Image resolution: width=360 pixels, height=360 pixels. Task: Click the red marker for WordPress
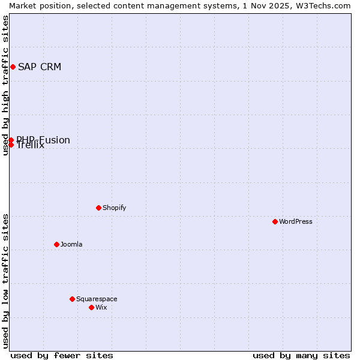275,221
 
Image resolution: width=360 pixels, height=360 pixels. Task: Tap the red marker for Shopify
98,208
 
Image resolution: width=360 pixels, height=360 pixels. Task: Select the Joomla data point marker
56,244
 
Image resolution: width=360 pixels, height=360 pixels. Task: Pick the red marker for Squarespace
72,299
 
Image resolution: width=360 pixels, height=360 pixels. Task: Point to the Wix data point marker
91,307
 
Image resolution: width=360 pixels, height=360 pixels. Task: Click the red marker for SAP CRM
13,67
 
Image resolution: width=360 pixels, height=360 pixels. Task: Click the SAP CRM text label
40,67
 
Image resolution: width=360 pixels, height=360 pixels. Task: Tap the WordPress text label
296,221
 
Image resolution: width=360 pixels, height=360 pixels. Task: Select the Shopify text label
115,208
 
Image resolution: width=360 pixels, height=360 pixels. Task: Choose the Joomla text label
71,244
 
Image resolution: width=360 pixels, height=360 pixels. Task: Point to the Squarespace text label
97,299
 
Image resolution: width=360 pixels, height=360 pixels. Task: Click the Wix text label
101,307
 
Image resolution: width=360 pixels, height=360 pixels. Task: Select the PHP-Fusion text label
43,140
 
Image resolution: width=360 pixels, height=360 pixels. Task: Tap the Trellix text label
31,146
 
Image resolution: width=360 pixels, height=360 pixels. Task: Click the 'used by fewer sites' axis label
62,355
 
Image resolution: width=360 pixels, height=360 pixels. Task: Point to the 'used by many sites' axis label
301,355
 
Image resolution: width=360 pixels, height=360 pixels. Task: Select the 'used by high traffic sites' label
5,85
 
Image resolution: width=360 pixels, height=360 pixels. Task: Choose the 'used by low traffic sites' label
5,281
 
